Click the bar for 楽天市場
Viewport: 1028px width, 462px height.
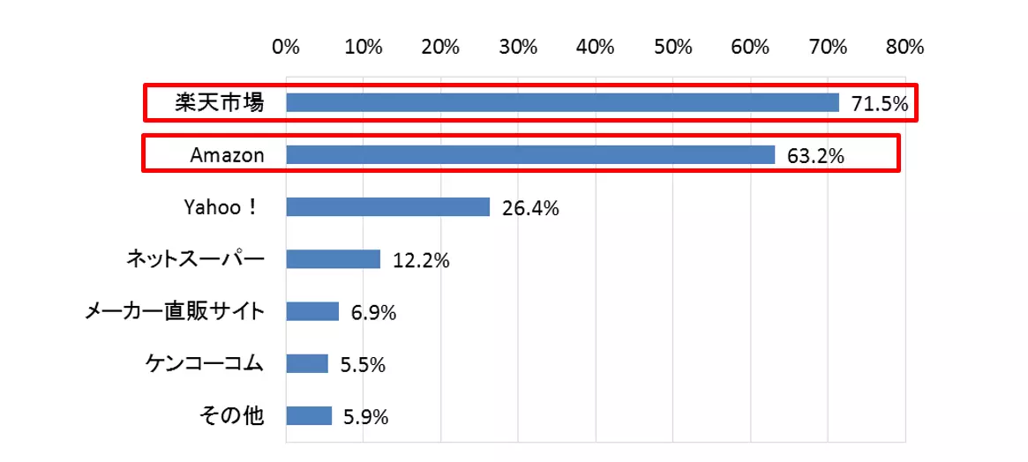click(562, 103)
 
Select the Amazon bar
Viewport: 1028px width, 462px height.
click(530, 155)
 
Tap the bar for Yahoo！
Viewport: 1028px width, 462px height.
click(387, 207)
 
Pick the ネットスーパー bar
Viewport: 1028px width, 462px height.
click(333, 259)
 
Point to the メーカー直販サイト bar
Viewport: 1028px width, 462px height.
click(312, 311)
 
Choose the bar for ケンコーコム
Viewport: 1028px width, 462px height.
click(307, 363)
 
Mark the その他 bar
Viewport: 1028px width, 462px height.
click(309, 415)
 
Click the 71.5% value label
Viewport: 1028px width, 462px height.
click(879, 105)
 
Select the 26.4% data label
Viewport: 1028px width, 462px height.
click(530, 209)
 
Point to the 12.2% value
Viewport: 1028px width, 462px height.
click(421, 261)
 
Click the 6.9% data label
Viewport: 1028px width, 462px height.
click(373, 313)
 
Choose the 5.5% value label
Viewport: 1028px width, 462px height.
click(363, 365)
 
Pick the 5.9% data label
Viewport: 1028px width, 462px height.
click(366, 417)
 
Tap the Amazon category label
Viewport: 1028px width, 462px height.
click(227, 156)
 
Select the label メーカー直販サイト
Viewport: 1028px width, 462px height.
click(174, 311)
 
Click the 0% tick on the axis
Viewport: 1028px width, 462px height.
click(286, 48)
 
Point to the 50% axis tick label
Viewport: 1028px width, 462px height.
click(673, 48)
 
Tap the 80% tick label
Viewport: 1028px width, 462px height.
click(904, 48)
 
